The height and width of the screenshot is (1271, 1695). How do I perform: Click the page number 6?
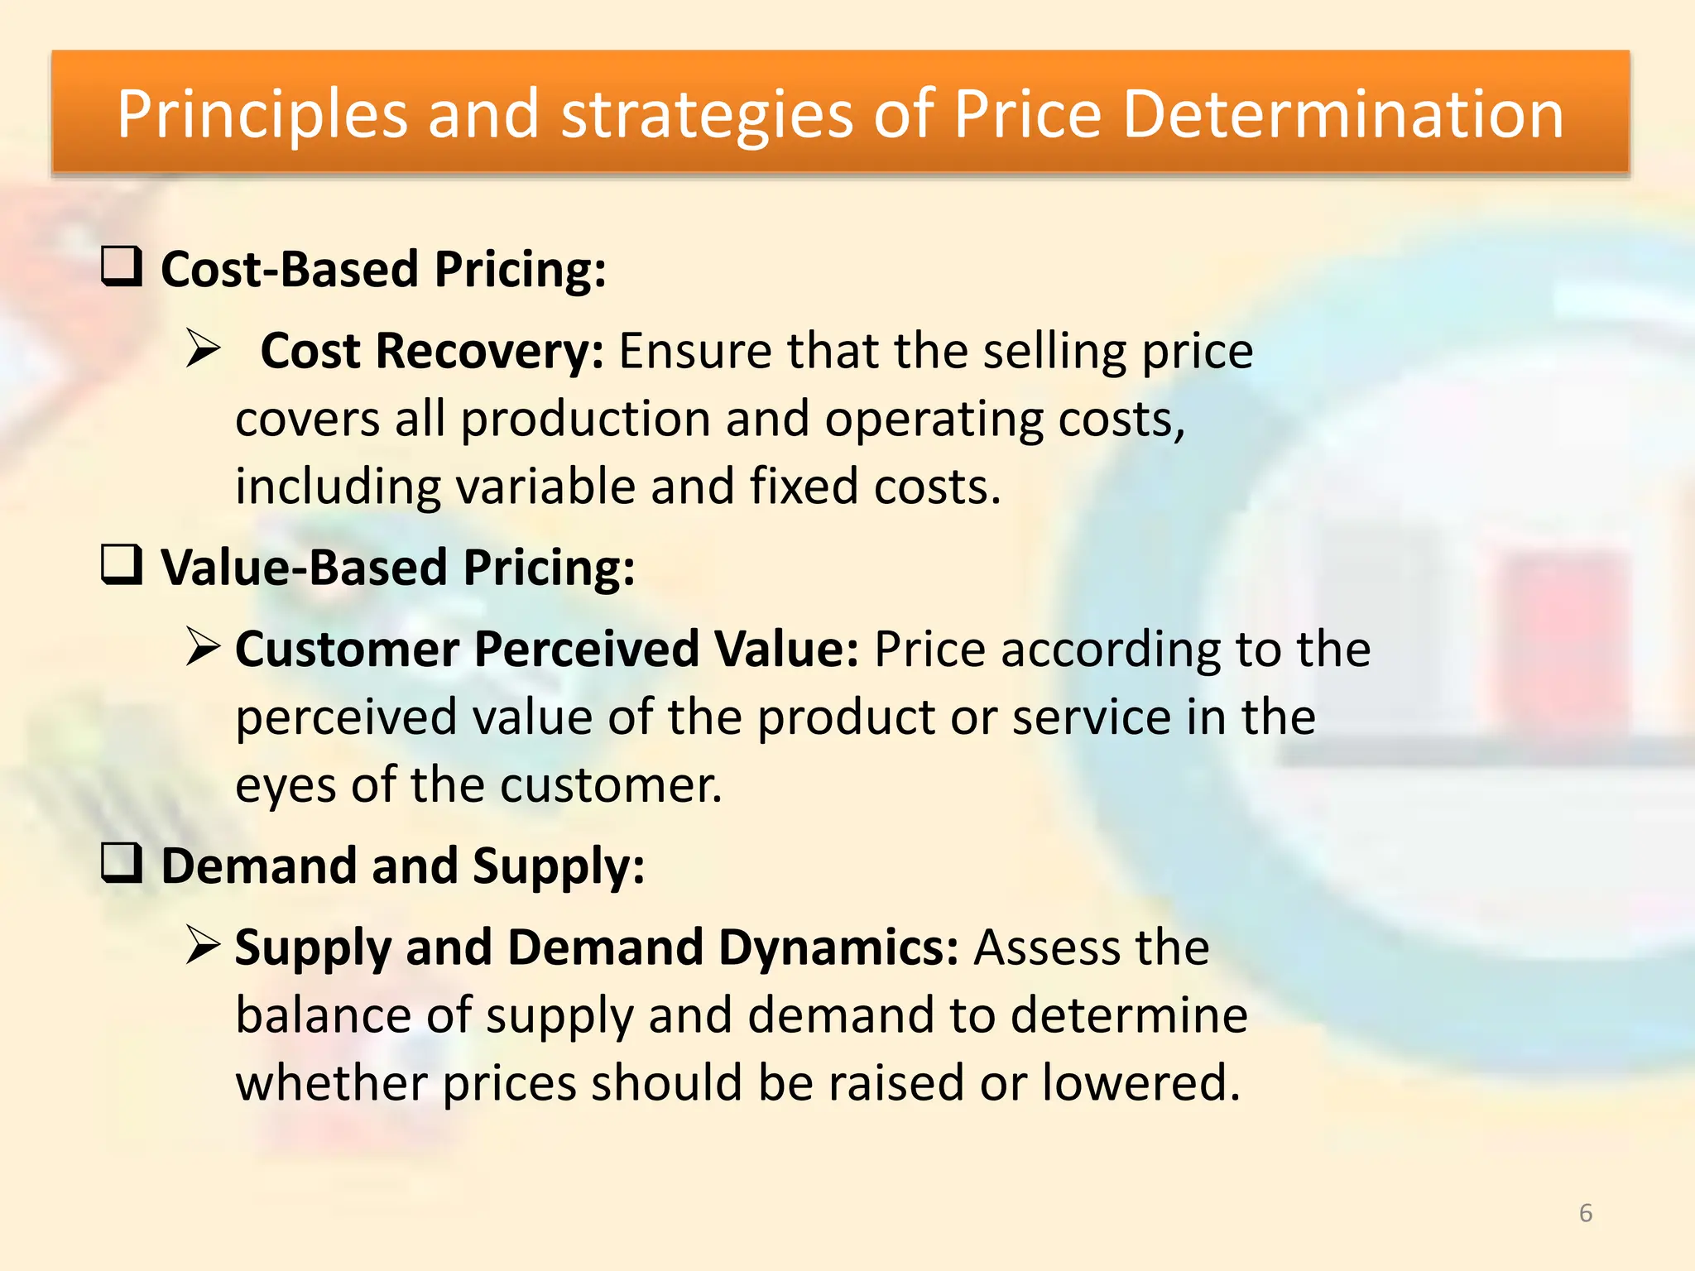[1585, 1213]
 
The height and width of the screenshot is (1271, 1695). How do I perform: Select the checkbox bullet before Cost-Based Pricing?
[122, 267]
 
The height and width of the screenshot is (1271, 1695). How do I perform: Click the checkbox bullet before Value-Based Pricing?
[122, 565]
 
